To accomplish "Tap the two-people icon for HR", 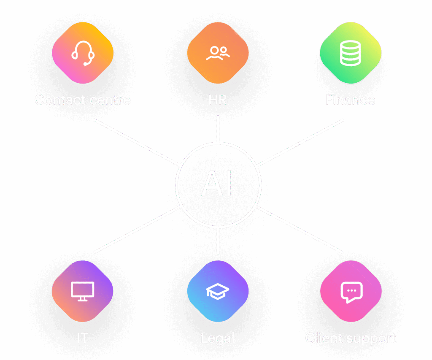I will [x=218, y=53].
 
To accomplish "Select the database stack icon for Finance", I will [x=351, y=54].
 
